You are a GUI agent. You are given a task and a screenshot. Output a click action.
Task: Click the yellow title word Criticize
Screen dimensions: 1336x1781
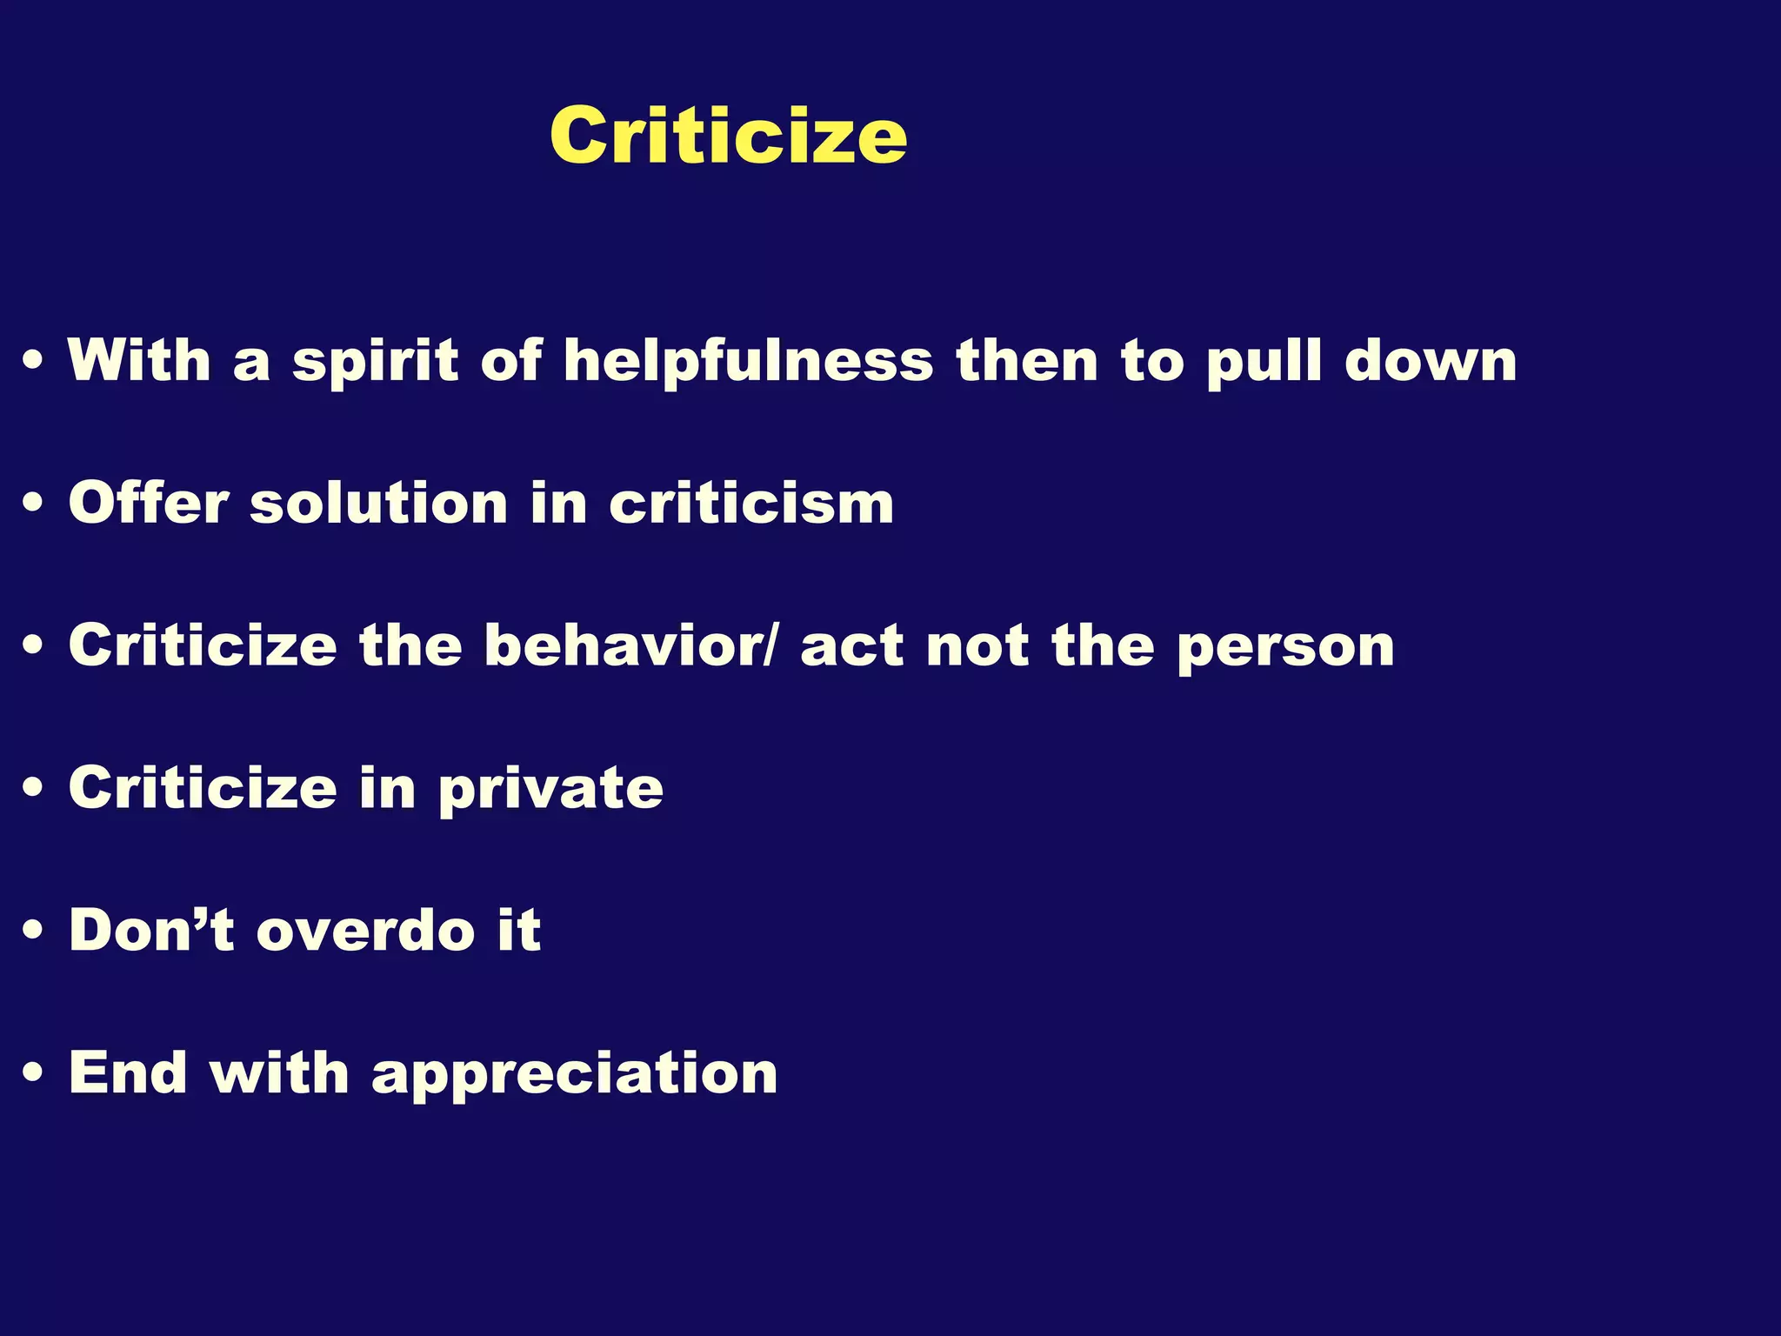729,136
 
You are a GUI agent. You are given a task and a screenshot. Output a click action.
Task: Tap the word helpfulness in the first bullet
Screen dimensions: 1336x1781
748,360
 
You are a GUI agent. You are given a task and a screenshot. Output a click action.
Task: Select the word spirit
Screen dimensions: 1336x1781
375,360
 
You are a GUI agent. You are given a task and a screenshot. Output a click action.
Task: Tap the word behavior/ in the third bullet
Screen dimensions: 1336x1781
630,645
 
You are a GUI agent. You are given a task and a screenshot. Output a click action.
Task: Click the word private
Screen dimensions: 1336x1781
550,790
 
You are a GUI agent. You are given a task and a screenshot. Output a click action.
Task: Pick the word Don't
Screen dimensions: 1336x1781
151,930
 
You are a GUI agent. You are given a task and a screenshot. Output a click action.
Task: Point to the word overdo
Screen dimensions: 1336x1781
366,930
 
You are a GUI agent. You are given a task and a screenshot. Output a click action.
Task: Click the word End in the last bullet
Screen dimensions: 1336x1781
128,1072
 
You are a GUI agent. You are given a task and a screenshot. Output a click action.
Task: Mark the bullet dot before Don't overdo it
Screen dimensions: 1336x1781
34,931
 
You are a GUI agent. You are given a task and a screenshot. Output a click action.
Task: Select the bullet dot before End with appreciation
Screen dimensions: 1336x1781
34,1073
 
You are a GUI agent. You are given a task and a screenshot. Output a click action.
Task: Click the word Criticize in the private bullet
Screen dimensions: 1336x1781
203,788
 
